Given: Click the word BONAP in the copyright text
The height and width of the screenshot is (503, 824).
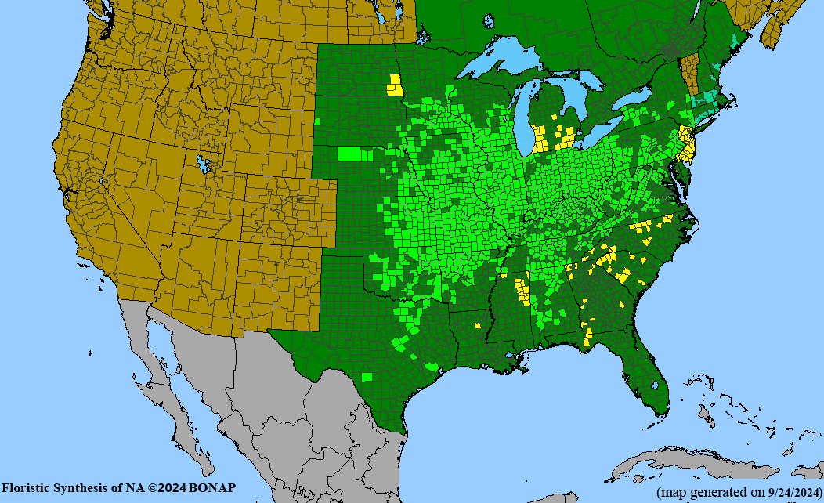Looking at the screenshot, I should click(x=211, y=488).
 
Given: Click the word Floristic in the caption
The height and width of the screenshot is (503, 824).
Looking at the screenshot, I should click(x=28, y=488).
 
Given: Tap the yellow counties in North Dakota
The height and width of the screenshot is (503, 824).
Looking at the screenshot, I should click(x=396, y=85).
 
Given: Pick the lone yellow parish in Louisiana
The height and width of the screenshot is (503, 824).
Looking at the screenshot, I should click(x=476, y=324).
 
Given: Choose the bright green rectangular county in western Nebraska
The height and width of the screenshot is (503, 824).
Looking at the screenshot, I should click(x=350, y=154).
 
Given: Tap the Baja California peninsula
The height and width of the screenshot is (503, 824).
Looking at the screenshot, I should click(x=168, y=392).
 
